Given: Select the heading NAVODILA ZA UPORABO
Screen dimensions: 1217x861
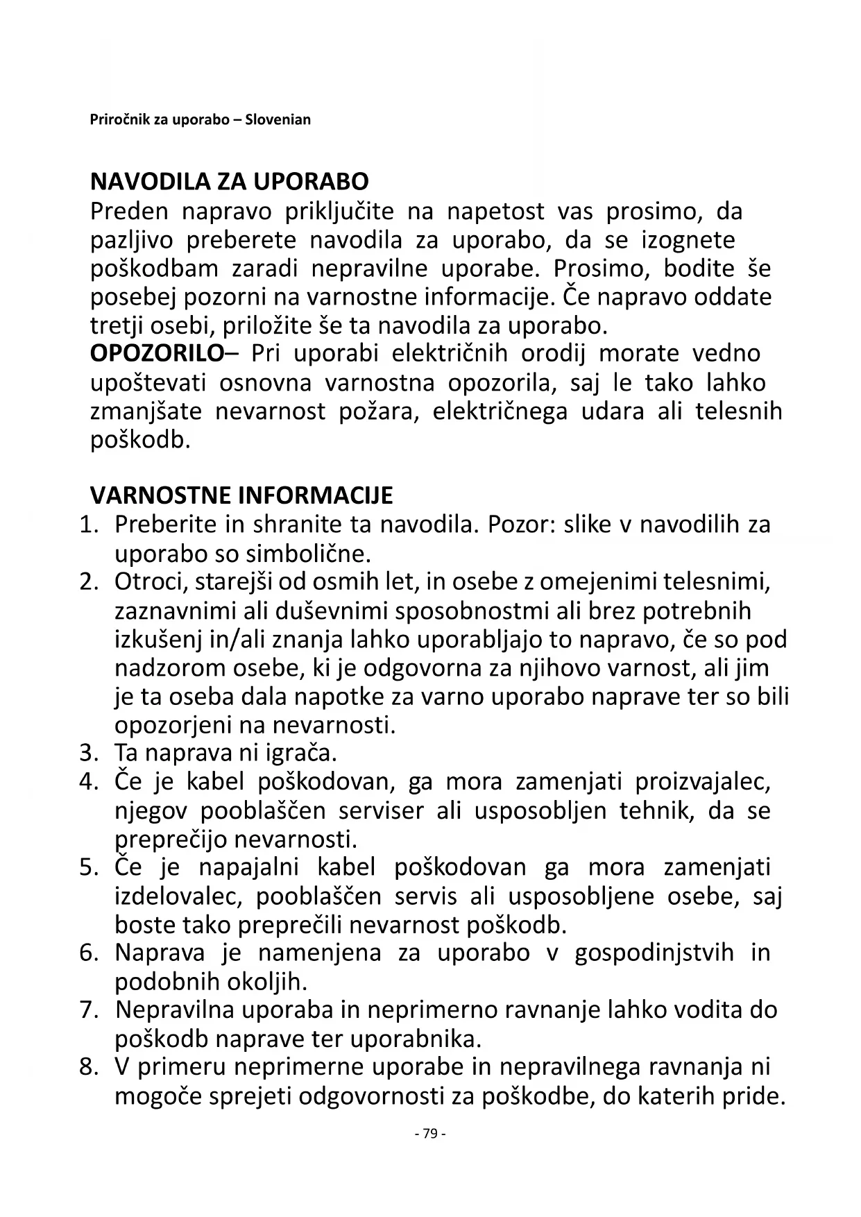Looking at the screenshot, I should tap(230, 182).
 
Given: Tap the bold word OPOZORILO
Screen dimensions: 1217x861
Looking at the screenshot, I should tap(157, 353).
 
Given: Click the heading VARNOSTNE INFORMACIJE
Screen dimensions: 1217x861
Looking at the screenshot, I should tap(241, 495).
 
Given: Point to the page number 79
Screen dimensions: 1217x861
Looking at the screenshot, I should tap(429, 1134).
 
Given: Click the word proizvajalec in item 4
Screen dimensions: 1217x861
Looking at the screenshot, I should tap(703, 782).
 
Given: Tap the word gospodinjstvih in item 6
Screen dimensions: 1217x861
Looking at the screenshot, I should tap(654, 953).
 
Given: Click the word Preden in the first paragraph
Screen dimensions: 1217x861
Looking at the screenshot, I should tap(130, 211).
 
